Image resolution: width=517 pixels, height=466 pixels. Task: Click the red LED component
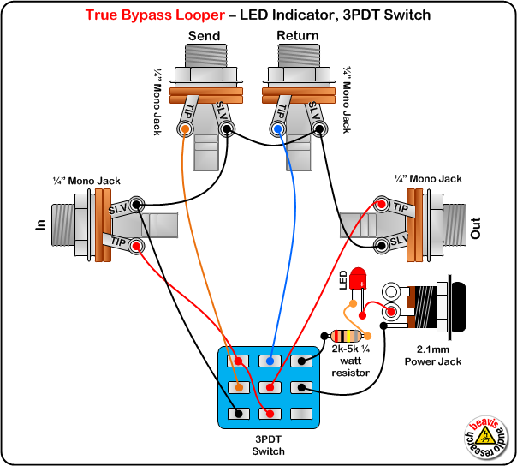tap(358, 278)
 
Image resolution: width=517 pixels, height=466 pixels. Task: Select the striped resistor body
tap(344, 336)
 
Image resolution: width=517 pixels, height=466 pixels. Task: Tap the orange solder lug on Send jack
tap(185, 129)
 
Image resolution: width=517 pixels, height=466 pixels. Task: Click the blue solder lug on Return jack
tap(278, 129)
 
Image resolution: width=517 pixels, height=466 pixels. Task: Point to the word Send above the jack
tap(204, 36)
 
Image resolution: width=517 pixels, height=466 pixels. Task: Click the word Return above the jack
tap(297, 36)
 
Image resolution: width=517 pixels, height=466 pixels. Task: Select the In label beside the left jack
tap(39, 224)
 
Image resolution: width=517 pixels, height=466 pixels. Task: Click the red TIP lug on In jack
tap(134, 247)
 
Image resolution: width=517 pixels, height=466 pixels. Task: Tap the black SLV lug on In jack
tap(134, 205)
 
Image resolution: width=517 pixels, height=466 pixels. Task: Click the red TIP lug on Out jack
tap(380, 205)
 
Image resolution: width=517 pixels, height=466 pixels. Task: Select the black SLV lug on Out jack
tap(380, 248)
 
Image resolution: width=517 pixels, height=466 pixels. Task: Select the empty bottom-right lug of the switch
tap(302, 415)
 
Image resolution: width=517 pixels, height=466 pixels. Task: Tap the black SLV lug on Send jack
tap(227, 129)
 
